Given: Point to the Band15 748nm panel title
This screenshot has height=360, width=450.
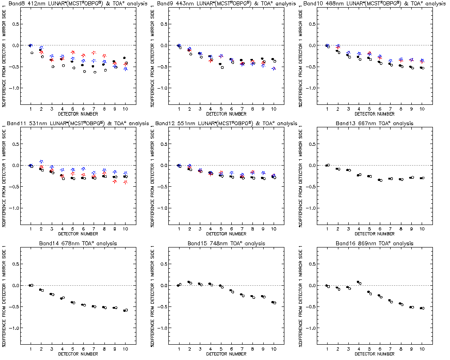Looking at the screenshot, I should [226, 243].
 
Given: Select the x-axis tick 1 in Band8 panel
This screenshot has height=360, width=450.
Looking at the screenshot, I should [31, 109].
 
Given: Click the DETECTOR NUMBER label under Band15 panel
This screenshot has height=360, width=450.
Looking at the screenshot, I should [226, 354].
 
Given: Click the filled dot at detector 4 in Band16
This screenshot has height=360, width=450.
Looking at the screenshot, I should [358, 282].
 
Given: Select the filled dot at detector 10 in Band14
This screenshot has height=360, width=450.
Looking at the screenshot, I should [125, 310].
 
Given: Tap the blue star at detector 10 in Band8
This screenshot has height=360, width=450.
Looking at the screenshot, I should [126, 69].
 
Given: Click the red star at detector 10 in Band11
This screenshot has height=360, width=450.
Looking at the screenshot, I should [126, 182].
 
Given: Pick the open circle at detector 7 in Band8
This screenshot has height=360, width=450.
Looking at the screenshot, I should [95, 72].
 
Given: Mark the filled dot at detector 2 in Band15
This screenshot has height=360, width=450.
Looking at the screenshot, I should [189, 282].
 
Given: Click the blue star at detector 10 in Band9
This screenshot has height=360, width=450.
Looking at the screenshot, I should [274, 69].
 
